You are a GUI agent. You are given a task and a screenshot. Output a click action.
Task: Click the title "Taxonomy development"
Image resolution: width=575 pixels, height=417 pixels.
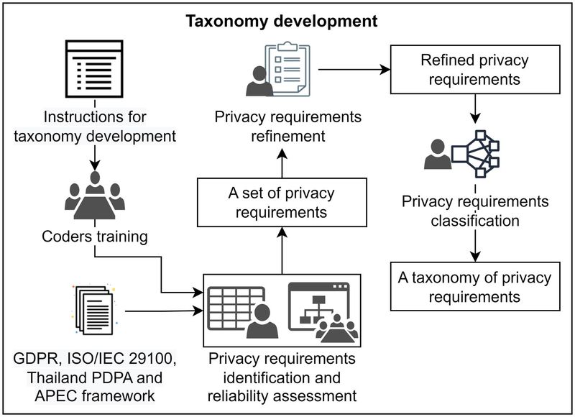(x=282, y=22)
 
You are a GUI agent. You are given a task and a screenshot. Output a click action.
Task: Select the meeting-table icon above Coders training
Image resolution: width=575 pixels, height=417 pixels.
(x=94, y=196)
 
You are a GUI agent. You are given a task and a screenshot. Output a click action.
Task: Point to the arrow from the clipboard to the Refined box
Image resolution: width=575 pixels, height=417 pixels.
(x=352, y=70)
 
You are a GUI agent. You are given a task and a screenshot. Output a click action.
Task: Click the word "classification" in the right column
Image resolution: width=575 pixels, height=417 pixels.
(x=474, y=220)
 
